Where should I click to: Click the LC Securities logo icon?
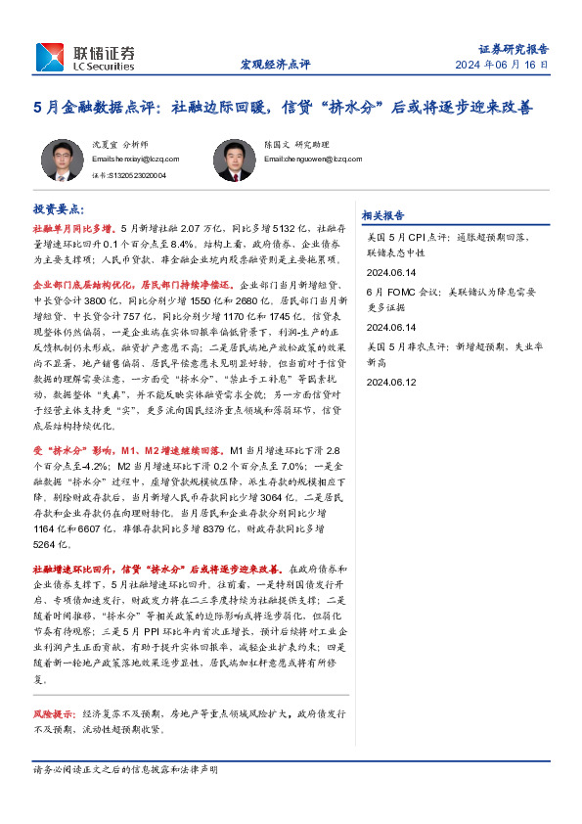pyautogui.click(x=50, y=57)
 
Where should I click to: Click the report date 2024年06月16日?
pyautogui.click(x=502, y=65)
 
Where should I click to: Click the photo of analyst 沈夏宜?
pyautogui.click(x=62, y=160)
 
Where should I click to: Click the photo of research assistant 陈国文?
pyautogui.click(x=233, y=160)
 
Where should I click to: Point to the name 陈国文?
pyautogui.click(x=276, y=143)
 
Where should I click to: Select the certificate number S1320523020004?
pyautogui.click(x=128, y=176)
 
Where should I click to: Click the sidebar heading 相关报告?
pyautogui.click(x=382, y=215)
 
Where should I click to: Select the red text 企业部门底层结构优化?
pyautogui.click(x=84, y=283)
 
